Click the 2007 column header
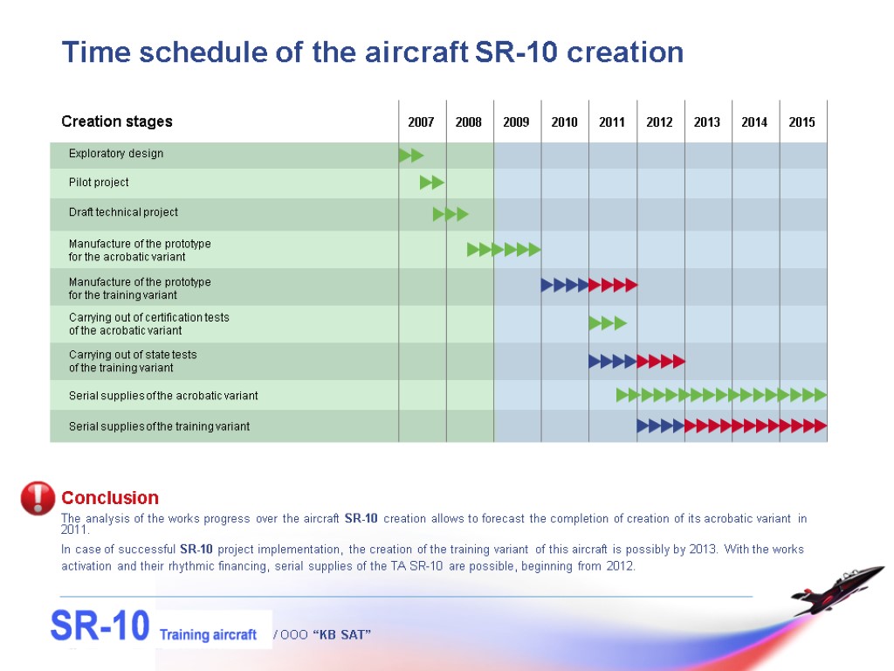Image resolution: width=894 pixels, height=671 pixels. click(421, 122)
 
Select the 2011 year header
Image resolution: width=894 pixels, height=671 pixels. click(611, 122)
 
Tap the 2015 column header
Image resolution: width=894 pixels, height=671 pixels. click(801, 122)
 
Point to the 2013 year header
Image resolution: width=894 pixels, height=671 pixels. click(706, 122)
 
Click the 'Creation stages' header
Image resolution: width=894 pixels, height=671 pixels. click(117, 121)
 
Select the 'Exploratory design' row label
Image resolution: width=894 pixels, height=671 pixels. click(116, 154)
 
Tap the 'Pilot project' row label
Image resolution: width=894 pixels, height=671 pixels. click(99, 183)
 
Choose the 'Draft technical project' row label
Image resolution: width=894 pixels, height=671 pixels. click(123, 212)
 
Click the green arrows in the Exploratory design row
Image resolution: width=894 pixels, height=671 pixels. click(411, 156)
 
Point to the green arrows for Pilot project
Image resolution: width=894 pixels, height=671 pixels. click(432, 183)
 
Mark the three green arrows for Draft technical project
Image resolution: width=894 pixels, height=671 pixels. click(450, 214)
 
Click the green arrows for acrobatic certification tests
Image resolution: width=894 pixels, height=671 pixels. click(608, 323)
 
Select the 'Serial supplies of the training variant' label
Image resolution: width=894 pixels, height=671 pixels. click(159, 426)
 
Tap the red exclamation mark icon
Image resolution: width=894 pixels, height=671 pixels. click(38, 498)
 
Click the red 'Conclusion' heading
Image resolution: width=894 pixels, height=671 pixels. click(110, 498)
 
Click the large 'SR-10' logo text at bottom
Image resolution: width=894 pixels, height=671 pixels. click(100, 626)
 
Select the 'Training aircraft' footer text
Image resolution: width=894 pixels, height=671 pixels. click(208, 634)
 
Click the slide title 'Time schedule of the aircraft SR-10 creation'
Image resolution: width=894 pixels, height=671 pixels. click(372, 52)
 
